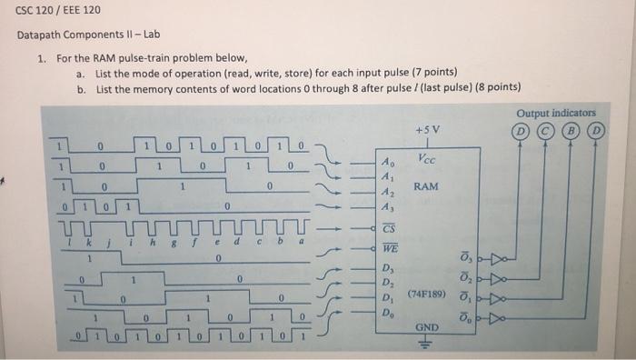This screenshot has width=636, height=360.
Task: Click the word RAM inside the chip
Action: pyautogui.click(x=426, y=186)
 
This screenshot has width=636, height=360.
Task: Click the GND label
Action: pyautogui.click(x=426, y=325)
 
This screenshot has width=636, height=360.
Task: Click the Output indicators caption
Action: pyautogui.click(x=556, y=113)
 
